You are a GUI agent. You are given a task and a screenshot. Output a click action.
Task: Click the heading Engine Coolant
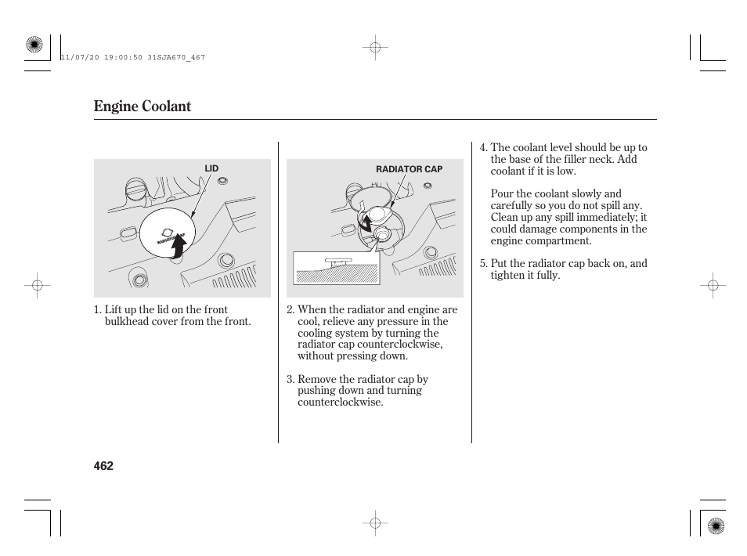(x=142, y=107)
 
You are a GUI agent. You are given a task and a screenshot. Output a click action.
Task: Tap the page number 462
(x=103, y=466)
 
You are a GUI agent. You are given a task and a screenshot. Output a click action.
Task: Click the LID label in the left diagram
(x=211, y=169)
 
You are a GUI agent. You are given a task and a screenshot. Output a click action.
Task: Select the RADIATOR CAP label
(x=409, y=169)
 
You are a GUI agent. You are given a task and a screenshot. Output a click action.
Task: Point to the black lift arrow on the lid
(x=179, y=246)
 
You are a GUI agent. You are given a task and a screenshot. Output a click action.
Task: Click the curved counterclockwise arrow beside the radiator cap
(x=365, y=223)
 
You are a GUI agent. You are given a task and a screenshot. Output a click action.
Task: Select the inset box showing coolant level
(x=335, y=269)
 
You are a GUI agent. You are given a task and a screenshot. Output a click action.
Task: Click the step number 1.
(x=96, y=310)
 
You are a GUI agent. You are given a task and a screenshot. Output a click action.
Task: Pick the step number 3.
(x=289, y=379)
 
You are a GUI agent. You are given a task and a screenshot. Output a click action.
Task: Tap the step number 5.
(x=482, y=264)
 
